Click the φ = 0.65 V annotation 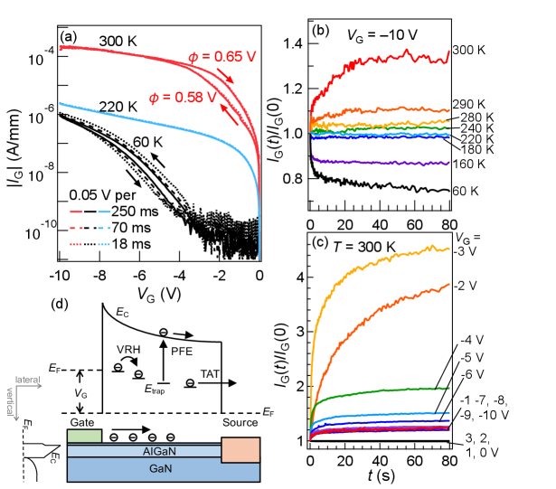point(222,58)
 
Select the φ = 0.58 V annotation point(183,97)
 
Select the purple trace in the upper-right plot point(380,162)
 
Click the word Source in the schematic point(240,422)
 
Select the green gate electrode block point(84,437)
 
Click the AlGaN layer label point(164,451)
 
